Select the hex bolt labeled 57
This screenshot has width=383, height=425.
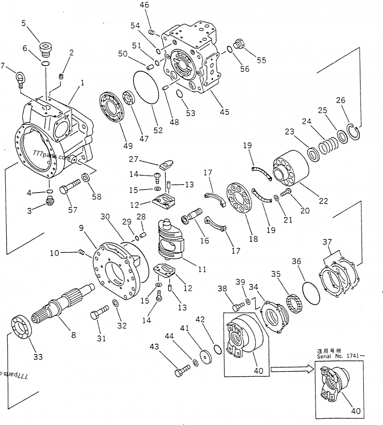click(x=69, y=186)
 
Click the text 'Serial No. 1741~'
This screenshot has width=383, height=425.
click(x=340, y=356)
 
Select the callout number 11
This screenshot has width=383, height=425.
click(x=202, y=270)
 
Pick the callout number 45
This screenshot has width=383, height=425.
click(x=224, y=112)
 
